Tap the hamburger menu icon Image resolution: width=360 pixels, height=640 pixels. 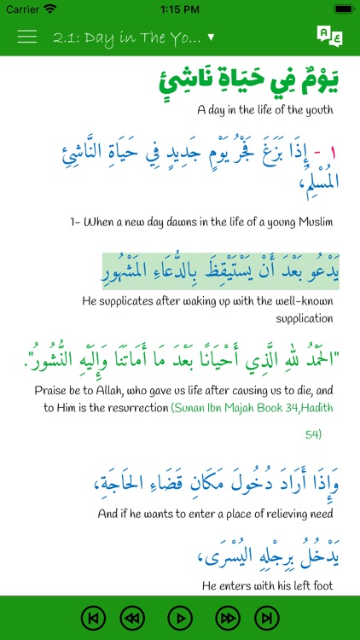click(x=26, y=37)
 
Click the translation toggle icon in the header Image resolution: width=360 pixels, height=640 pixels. click(x=329, y=37)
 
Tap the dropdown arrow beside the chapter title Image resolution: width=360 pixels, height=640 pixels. click(x=211, y=38)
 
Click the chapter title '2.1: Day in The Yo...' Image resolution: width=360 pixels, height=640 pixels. click(x=127, y=38)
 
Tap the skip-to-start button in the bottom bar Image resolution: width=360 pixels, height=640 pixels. click(x=94, y=617)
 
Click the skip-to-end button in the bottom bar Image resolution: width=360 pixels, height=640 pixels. click(x=267, y=617)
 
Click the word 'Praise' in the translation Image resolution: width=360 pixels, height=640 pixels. click(x=53, y=390)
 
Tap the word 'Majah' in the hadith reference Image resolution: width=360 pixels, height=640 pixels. click(x=238, y=408)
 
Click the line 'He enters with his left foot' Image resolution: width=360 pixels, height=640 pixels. click(x=266, y=585)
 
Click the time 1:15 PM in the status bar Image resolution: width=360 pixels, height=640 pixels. click(x=179, y=9)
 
